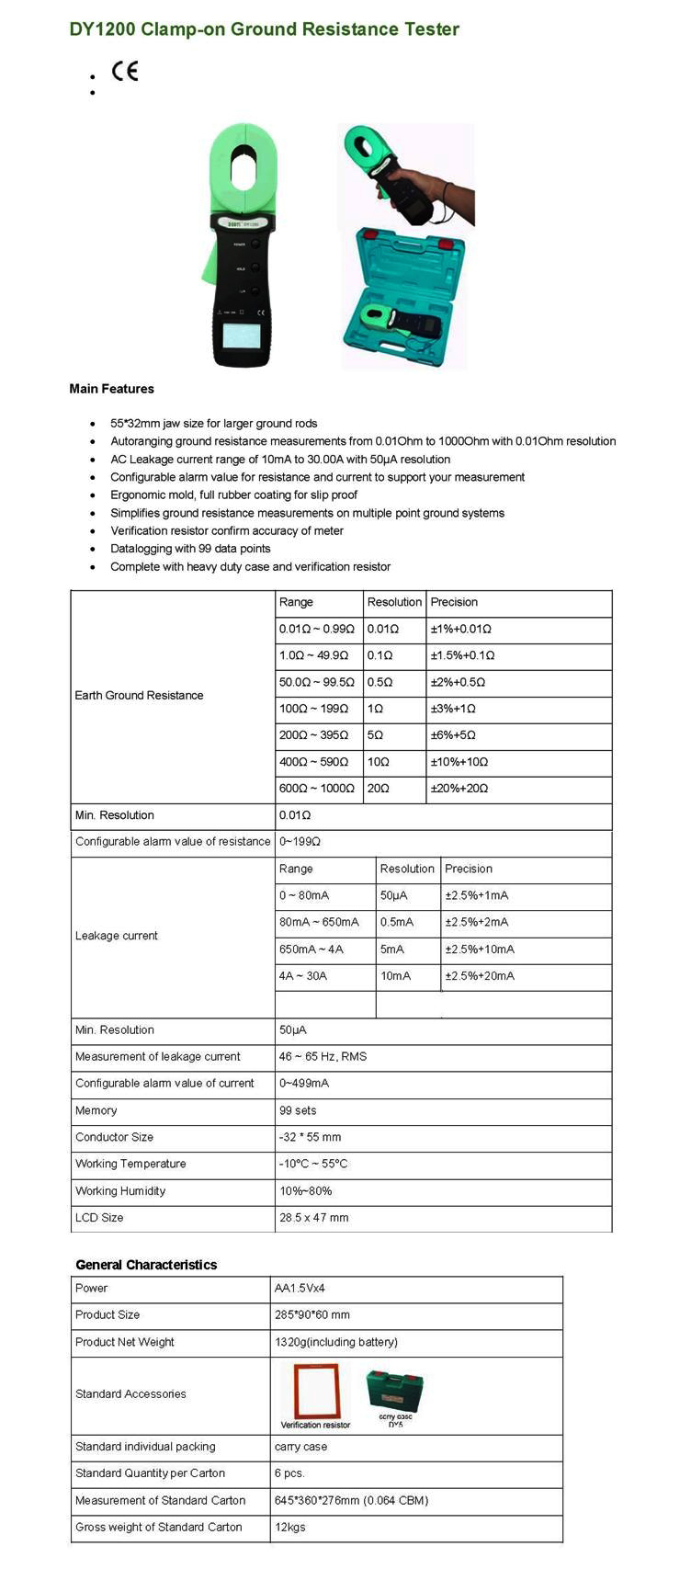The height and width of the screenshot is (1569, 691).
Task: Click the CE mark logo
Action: coord(124,71)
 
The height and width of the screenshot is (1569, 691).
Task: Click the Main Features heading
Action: coord(111,389)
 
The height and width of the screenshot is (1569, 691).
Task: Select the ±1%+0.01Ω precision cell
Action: coord(460,629)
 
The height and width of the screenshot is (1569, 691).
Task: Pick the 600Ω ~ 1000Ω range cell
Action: coord(316,789)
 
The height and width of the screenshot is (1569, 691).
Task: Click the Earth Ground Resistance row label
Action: coord(139,696)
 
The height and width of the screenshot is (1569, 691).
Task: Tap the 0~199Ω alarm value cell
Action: coord(300,841)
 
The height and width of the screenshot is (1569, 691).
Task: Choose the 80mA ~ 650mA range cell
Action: coord(319,922)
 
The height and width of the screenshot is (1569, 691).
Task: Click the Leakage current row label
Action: coord(117,936)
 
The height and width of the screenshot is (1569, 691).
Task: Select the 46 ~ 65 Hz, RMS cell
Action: coord(323,1056)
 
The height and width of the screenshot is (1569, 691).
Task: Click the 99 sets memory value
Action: coord(298,1110)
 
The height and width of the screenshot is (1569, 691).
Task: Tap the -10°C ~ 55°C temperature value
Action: coord(313,1164)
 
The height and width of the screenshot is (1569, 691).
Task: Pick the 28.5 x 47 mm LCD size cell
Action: coord(313,1218)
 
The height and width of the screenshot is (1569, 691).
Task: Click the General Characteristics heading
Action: coord(146,1265)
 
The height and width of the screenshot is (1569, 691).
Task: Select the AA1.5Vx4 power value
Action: coord(300,1288)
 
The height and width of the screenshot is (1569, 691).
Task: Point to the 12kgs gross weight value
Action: coord(289,1527)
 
